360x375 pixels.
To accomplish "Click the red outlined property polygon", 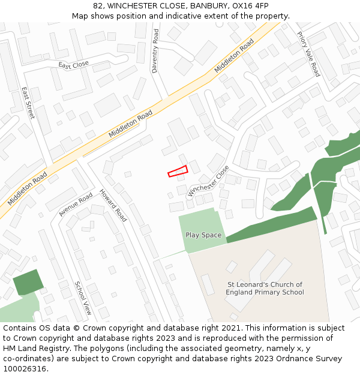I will coord(178,172).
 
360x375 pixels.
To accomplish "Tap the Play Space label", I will coord(203,235).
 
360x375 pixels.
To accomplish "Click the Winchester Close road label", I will coord(208,181).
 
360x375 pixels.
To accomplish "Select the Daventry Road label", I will coord(155,52).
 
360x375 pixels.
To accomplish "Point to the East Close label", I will coord(73,65).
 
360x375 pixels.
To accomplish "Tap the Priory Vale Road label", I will coord(308,54).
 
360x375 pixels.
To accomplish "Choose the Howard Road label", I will coord(113,205).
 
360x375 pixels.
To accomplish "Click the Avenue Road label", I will coord(76,204).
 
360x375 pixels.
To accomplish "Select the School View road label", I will coord(83,298).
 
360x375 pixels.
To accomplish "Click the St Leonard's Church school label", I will coord(265,289).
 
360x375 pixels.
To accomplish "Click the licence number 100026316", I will coord(25,369).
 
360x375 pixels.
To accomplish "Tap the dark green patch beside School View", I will coord(28,282).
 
